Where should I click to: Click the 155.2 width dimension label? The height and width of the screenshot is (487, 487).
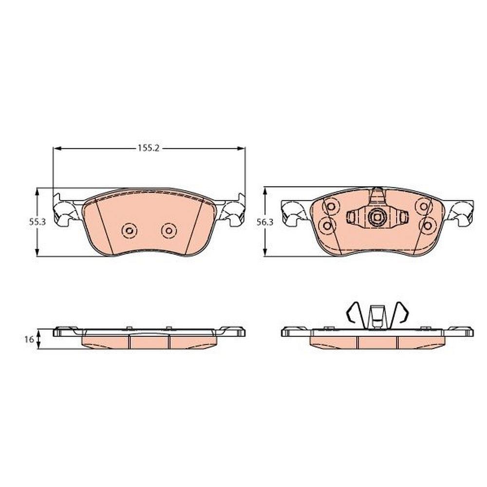(x=149, y=148)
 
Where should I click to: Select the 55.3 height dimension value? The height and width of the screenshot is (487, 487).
(x=37, y=222)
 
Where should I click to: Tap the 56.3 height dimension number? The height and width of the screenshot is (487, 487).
(x=265, y=222)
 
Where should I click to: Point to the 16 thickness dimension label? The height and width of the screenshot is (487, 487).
(x=29, y=339)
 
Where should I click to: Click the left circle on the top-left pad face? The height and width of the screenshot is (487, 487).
(x=129, y=231)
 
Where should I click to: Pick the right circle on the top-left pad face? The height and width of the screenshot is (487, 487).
(x=169, y=231)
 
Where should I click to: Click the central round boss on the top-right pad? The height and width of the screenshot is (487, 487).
(x=376, y=217)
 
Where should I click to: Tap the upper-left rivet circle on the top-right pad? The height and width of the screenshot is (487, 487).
(x=331, y=206)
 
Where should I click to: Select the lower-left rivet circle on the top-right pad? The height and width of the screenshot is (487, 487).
(x=327, y=226)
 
